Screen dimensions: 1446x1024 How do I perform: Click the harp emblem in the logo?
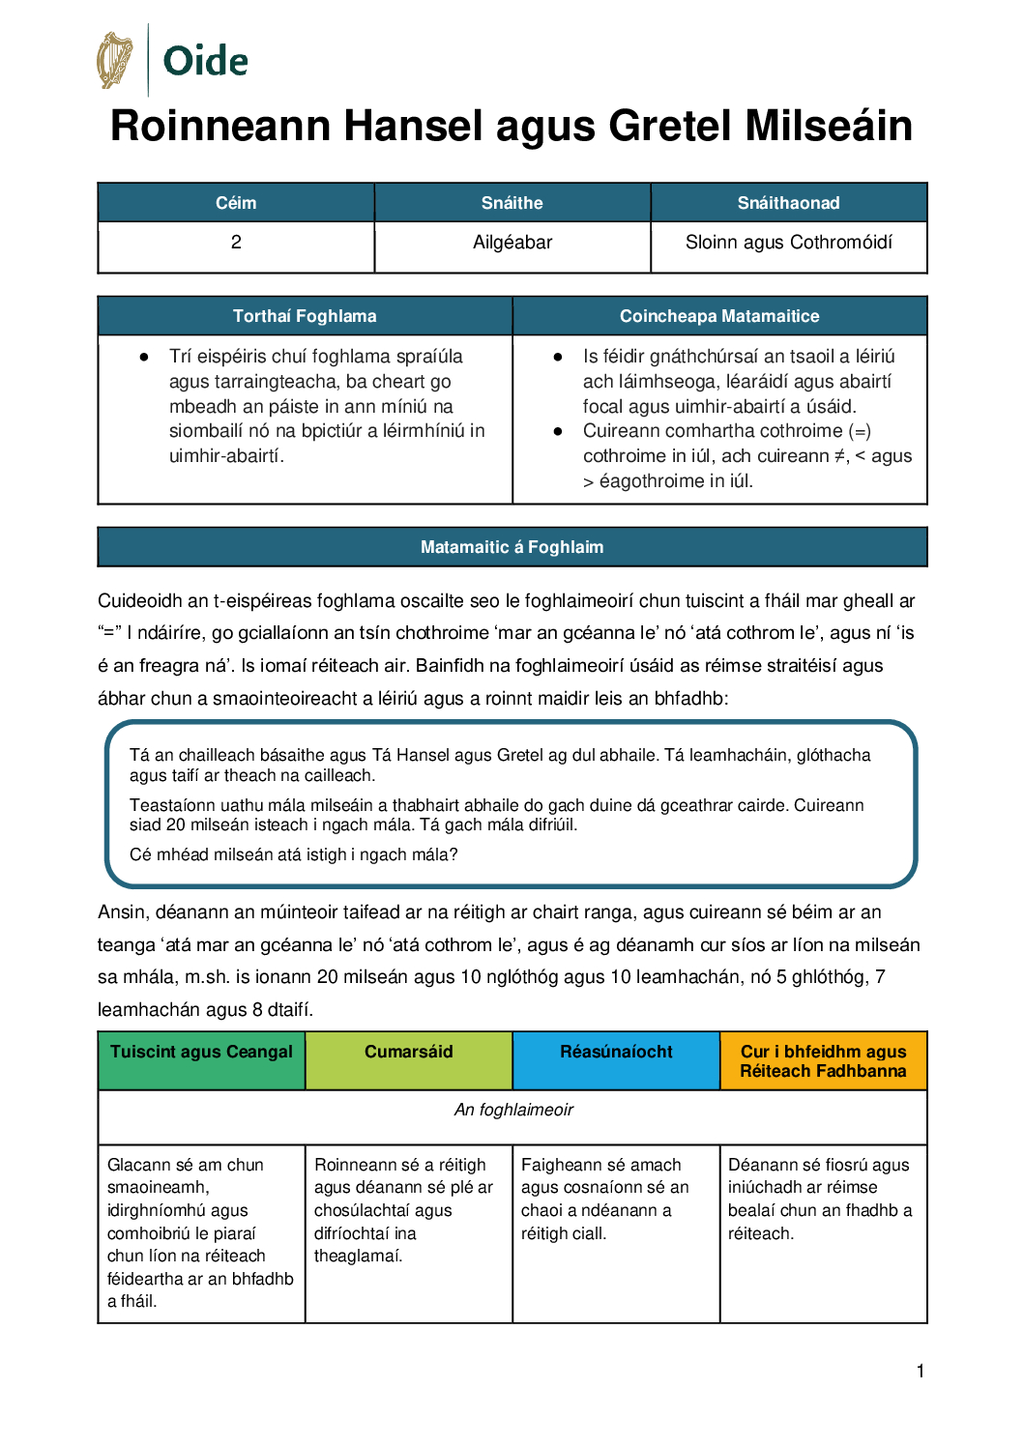point(115,60)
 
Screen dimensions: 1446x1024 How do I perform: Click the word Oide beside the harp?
point(205,61)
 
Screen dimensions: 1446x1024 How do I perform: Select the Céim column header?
point(236,203)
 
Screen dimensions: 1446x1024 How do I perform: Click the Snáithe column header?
point(512,203)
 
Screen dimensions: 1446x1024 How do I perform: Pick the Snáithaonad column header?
point(788,203)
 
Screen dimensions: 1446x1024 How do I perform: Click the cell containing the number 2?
point(236,243)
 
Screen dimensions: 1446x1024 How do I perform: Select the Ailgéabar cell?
point(512,243)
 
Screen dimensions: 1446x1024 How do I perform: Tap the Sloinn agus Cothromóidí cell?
point(788,243)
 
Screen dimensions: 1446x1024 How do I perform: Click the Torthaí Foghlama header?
point(305,316)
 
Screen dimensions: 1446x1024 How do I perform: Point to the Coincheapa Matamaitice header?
point(719,316)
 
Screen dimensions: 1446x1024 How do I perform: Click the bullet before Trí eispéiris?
point(144,357)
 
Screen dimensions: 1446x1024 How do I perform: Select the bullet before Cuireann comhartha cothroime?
point(558,431)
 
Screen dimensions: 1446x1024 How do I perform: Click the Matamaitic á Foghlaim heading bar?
point(512,547)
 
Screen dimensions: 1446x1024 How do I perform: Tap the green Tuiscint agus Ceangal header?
point(201,1053)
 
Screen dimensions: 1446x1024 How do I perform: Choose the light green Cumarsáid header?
point(408,1053)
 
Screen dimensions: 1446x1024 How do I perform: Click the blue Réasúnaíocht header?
point(616,1053)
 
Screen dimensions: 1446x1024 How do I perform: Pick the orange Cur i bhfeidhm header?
point(823,1061)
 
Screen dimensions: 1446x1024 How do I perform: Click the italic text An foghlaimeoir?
point(513,1110)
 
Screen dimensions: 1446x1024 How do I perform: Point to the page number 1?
point(921,1371)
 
